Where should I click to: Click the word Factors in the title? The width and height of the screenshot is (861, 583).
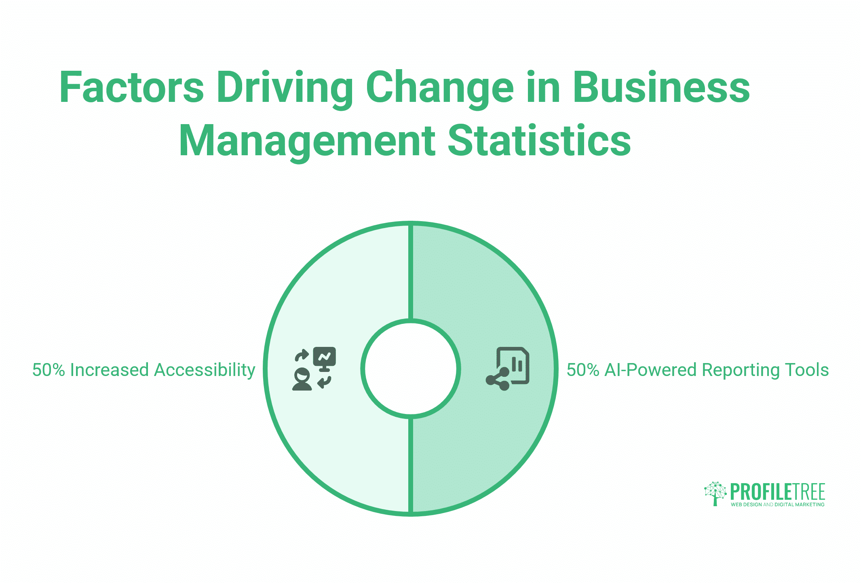(x=132, y=87)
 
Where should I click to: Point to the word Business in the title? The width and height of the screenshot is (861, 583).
(x=661, y=87)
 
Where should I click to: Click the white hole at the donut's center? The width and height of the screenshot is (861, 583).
(x=411, y=368)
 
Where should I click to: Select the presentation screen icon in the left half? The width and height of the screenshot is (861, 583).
(x=325, y=359)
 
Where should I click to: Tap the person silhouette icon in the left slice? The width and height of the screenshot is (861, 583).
(x=302, y=379)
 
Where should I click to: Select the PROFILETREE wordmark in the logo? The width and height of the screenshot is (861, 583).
(x=778, y=492)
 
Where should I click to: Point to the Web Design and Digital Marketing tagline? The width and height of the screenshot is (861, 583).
(x=778, y=505)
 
